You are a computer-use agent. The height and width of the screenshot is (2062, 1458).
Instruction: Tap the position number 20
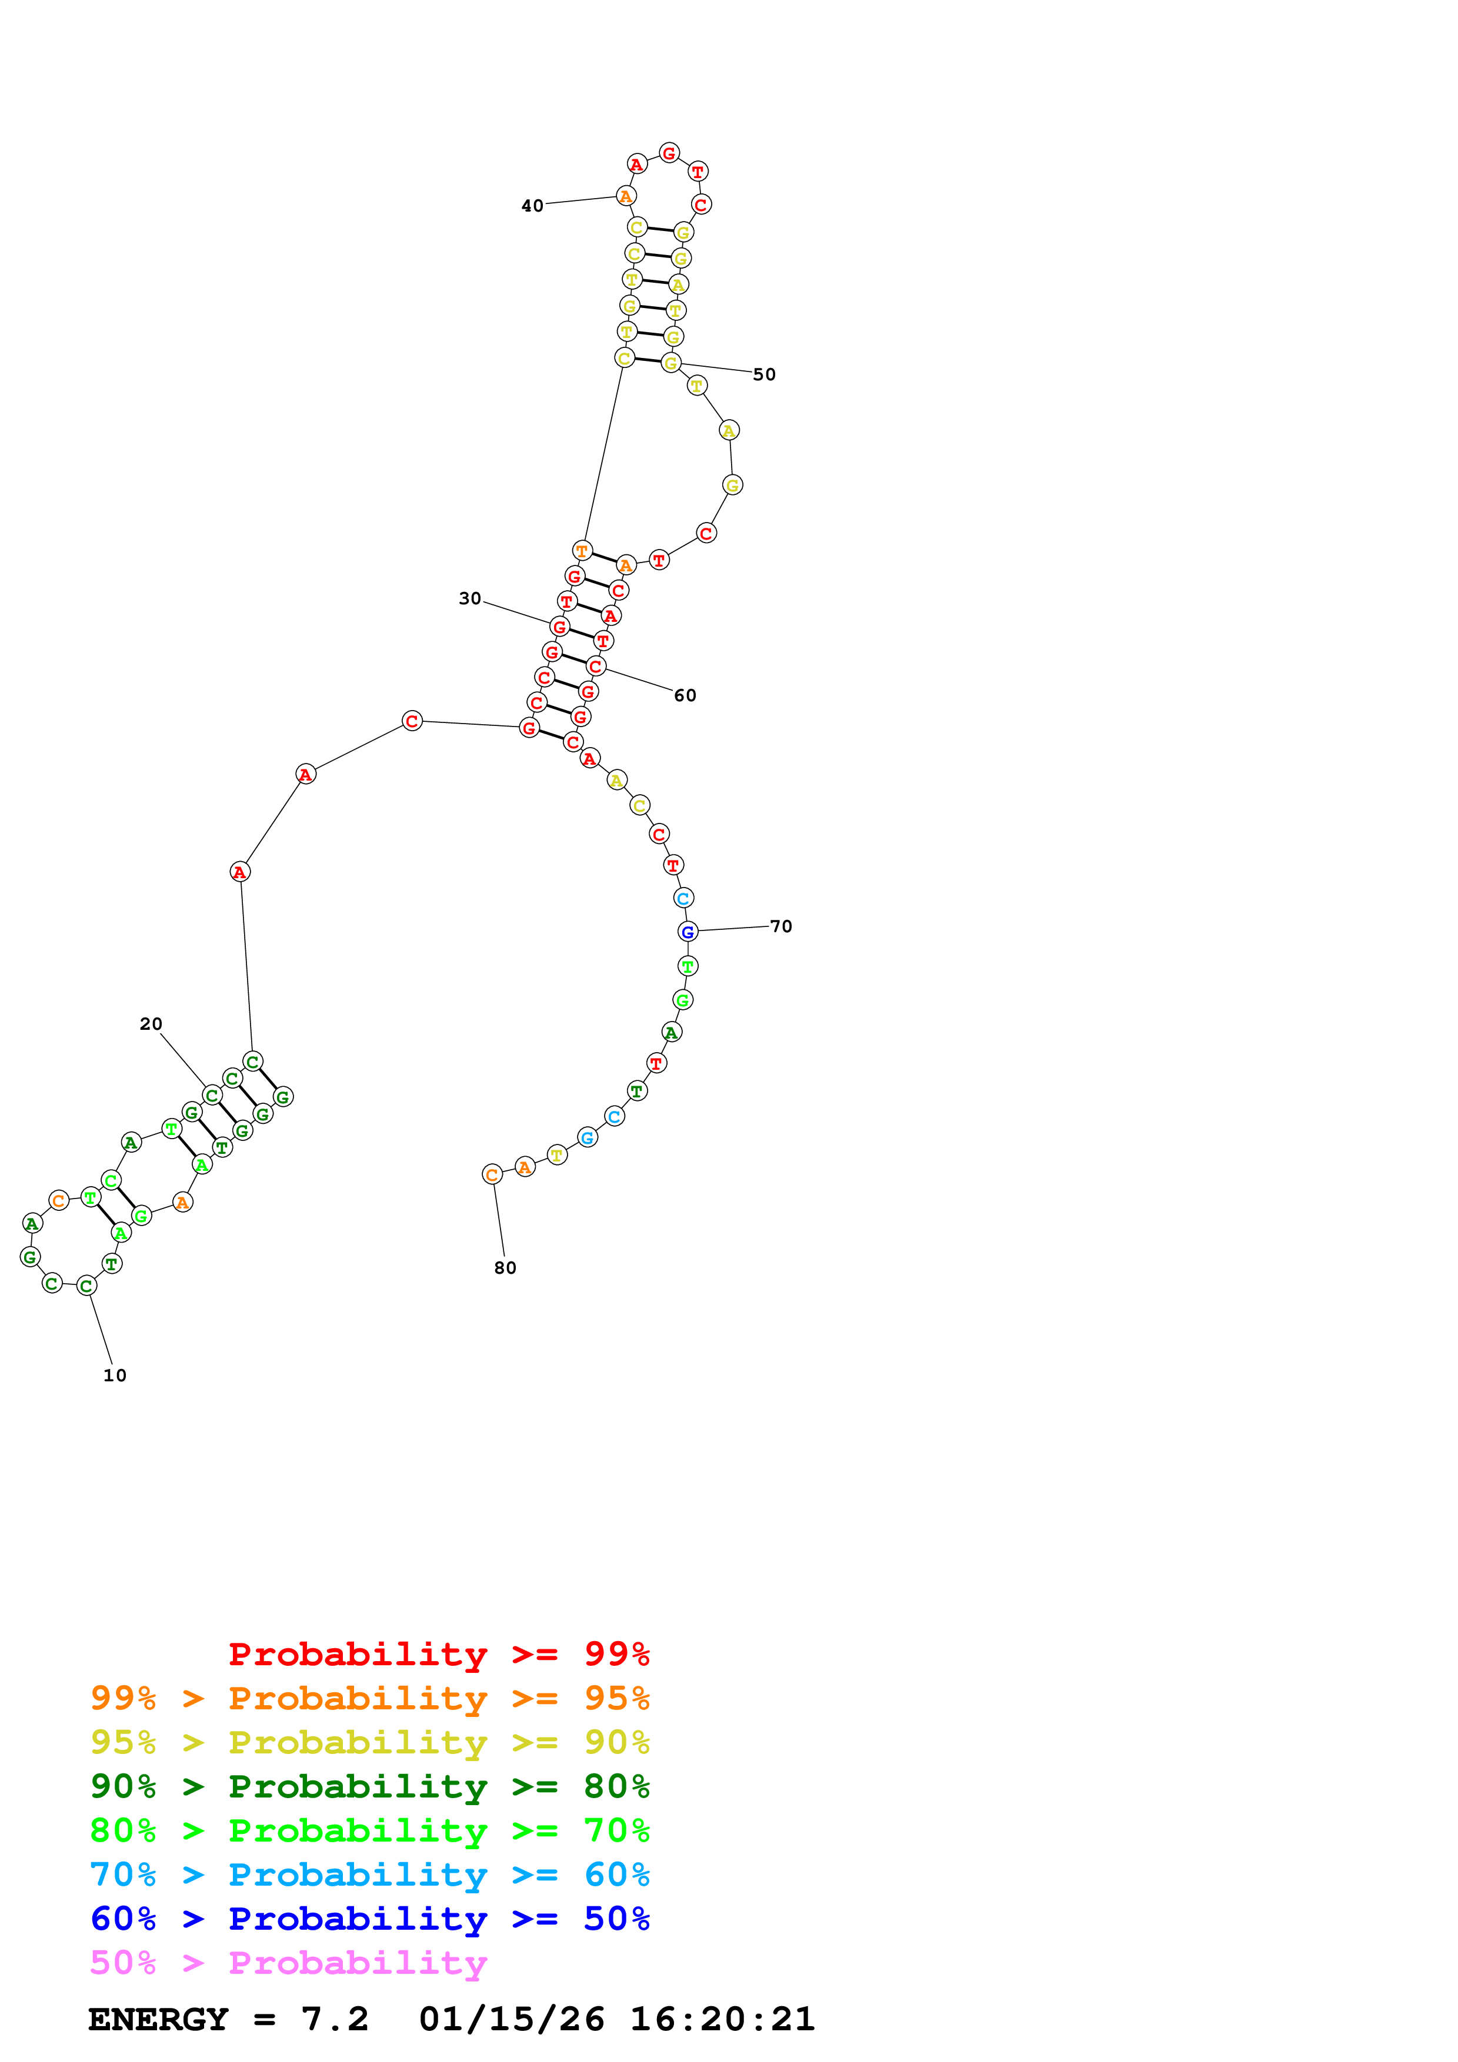(151, 1024)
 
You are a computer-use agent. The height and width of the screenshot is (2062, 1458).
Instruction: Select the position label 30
(470, 598)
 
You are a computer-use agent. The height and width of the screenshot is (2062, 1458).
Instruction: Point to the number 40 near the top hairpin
(533, 206)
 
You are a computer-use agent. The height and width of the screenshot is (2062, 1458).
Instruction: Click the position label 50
(765, 374)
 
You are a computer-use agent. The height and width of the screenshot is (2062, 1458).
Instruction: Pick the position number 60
(685, 695)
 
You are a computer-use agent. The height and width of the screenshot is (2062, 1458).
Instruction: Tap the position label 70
(782, 926)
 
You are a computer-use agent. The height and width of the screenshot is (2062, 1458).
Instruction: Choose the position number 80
(506, 1268)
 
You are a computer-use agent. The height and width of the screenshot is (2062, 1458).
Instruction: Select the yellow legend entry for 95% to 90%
(369, 1742)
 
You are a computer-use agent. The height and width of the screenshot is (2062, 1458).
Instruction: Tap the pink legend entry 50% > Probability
(288, 1962)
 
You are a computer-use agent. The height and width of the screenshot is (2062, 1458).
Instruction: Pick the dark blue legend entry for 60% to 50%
(369, 1919)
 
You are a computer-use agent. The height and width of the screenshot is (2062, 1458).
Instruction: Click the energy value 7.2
(335, 2019)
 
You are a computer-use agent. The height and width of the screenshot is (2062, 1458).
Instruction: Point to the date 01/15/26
(512, 2019)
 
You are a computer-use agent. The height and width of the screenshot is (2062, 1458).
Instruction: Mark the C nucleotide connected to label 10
(86, 1285)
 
